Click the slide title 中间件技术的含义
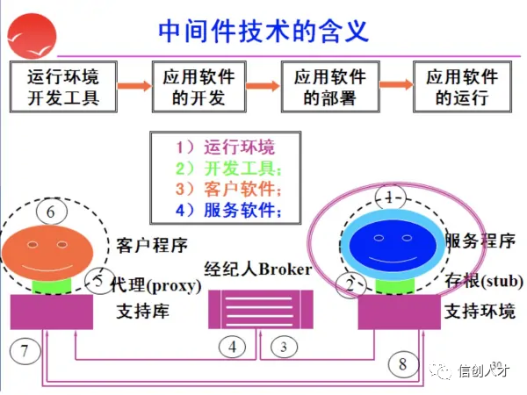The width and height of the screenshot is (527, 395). coord(263,31)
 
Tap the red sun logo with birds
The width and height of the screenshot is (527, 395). coord(32,36)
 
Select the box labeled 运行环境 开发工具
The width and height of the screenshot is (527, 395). coord(63,87)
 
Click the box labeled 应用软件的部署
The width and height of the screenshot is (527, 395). coord(330,87)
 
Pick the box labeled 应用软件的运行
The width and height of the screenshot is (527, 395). coord(463,87)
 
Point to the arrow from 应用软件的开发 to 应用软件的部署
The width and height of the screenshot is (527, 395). coord(263,86)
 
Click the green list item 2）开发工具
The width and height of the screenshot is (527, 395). coord(228,168)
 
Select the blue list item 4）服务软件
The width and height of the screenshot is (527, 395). coord(228,210)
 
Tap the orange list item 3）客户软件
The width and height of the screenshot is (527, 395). coord(228,189)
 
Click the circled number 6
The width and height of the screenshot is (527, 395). coord(52,212)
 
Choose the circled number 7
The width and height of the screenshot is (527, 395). coord(25,351)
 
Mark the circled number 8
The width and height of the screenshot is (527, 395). coord(403,364)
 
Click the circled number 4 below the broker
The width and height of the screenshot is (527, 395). coord(232,347)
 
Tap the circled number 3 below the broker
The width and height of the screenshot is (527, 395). coord(284,347)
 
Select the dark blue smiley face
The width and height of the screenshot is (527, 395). coord(393,245)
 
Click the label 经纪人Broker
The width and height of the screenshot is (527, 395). coord(257,269)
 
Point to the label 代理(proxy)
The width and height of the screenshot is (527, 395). coord(156,285)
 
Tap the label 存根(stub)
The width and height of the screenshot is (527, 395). coord(484,281)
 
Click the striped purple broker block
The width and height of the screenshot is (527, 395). coord(261,309)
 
